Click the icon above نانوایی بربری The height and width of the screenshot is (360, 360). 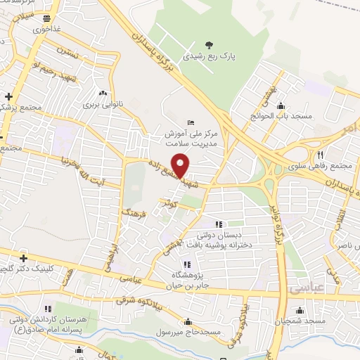click(104, 93)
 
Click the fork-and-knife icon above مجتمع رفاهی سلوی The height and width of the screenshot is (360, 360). click(320, 155)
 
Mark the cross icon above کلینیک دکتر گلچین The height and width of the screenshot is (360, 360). click(25, 257)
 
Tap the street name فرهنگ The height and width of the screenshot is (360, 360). click(130, 206)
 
